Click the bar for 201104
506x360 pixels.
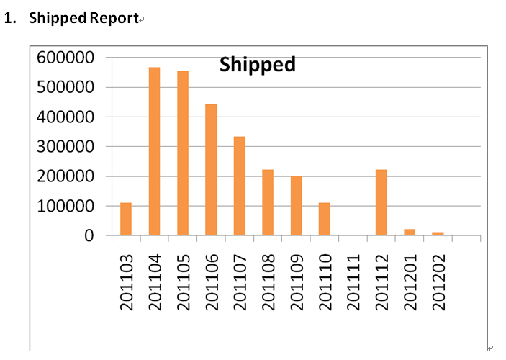[x=154, y=151]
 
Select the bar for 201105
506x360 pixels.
[x=183, y=153]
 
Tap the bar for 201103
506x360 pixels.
[x=126, y=219]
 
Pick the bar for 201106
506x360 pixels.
[x=211, y=170]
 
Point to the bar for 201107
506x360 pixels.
[x=239, y=186]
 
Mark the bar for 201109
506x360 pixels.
[x=296, y=206]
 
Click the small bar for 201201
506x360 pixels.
[x=410, y=232]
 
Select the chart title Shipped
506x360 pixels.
[x=258, y=65]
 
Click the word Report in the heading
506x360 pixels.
[x=114, y=19]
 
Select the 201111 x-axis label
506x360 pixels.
[x=353, y=281]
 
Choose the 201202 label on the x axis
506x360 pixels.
[x=438, y=281]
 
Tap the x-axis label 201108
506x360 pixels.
[x=268, y=281]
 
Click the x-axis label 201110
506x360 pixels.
[x=325, y=281]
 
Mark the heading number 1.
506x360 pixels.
[x=10, y=19]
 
